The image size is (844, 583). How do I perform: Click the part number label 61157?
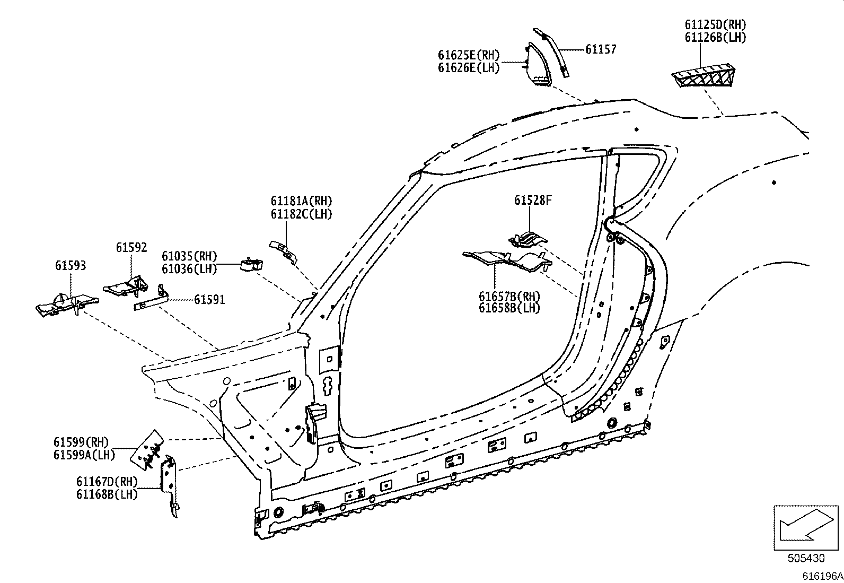(x=601, y=49)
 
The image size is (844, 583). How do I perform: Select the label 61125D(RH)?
(x=715, y=25)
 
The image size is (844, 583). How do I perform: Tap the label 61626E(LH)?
(x=469, y=68)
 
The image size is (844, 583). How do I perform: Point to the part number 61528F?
(x=533, y=200)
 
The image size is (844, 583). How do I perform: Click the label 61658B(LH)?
(x=509, y=308)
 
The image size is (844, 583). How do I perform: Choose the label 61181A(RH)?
(x=301, y=201)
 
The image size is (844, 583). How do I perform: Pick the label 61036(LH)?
(x=189, y=269)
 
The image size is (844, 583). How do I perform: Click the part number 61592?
(x=131, y=247)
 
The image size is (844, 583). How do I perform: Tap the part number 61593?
(x=70, y=265)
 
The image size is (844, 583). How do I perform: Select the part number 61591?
(x=209, y=300)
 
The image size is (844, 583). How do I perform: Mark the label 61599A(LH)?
(x=84, y=455)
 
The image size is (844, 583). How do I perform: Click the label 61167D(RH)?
(x=107, y=482)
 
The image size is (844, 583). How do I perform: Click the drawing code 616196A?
(x=822, y=576)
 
